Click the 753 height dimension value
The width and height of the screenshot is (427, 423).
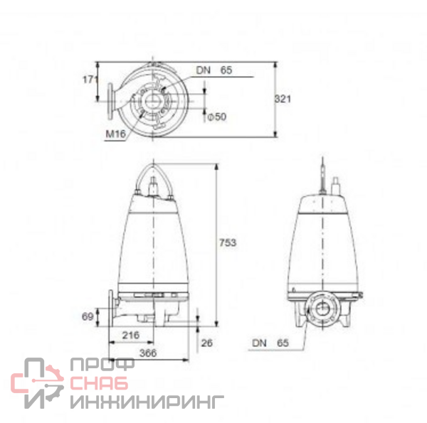[228, 242]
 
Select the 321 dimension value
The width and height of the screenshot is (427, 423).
[283, 99]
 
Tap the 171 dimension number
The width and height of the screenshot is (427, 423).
[90, 80]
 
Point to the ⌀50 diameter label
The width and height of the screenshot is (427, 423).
[217, 117]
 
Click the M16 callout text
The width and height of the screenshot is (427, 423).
[116, 134]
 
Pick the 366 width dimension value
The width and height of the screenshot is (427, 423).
[148, 353]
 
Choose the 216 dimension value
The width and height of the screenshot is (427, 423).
[131, 335]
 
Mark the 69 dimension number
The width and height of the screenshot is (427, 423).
[88, 316]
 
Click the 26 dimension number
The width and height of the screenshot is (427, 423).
[207, 343]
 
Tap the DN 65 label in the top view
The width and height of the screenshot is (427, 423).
[214, 70]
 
